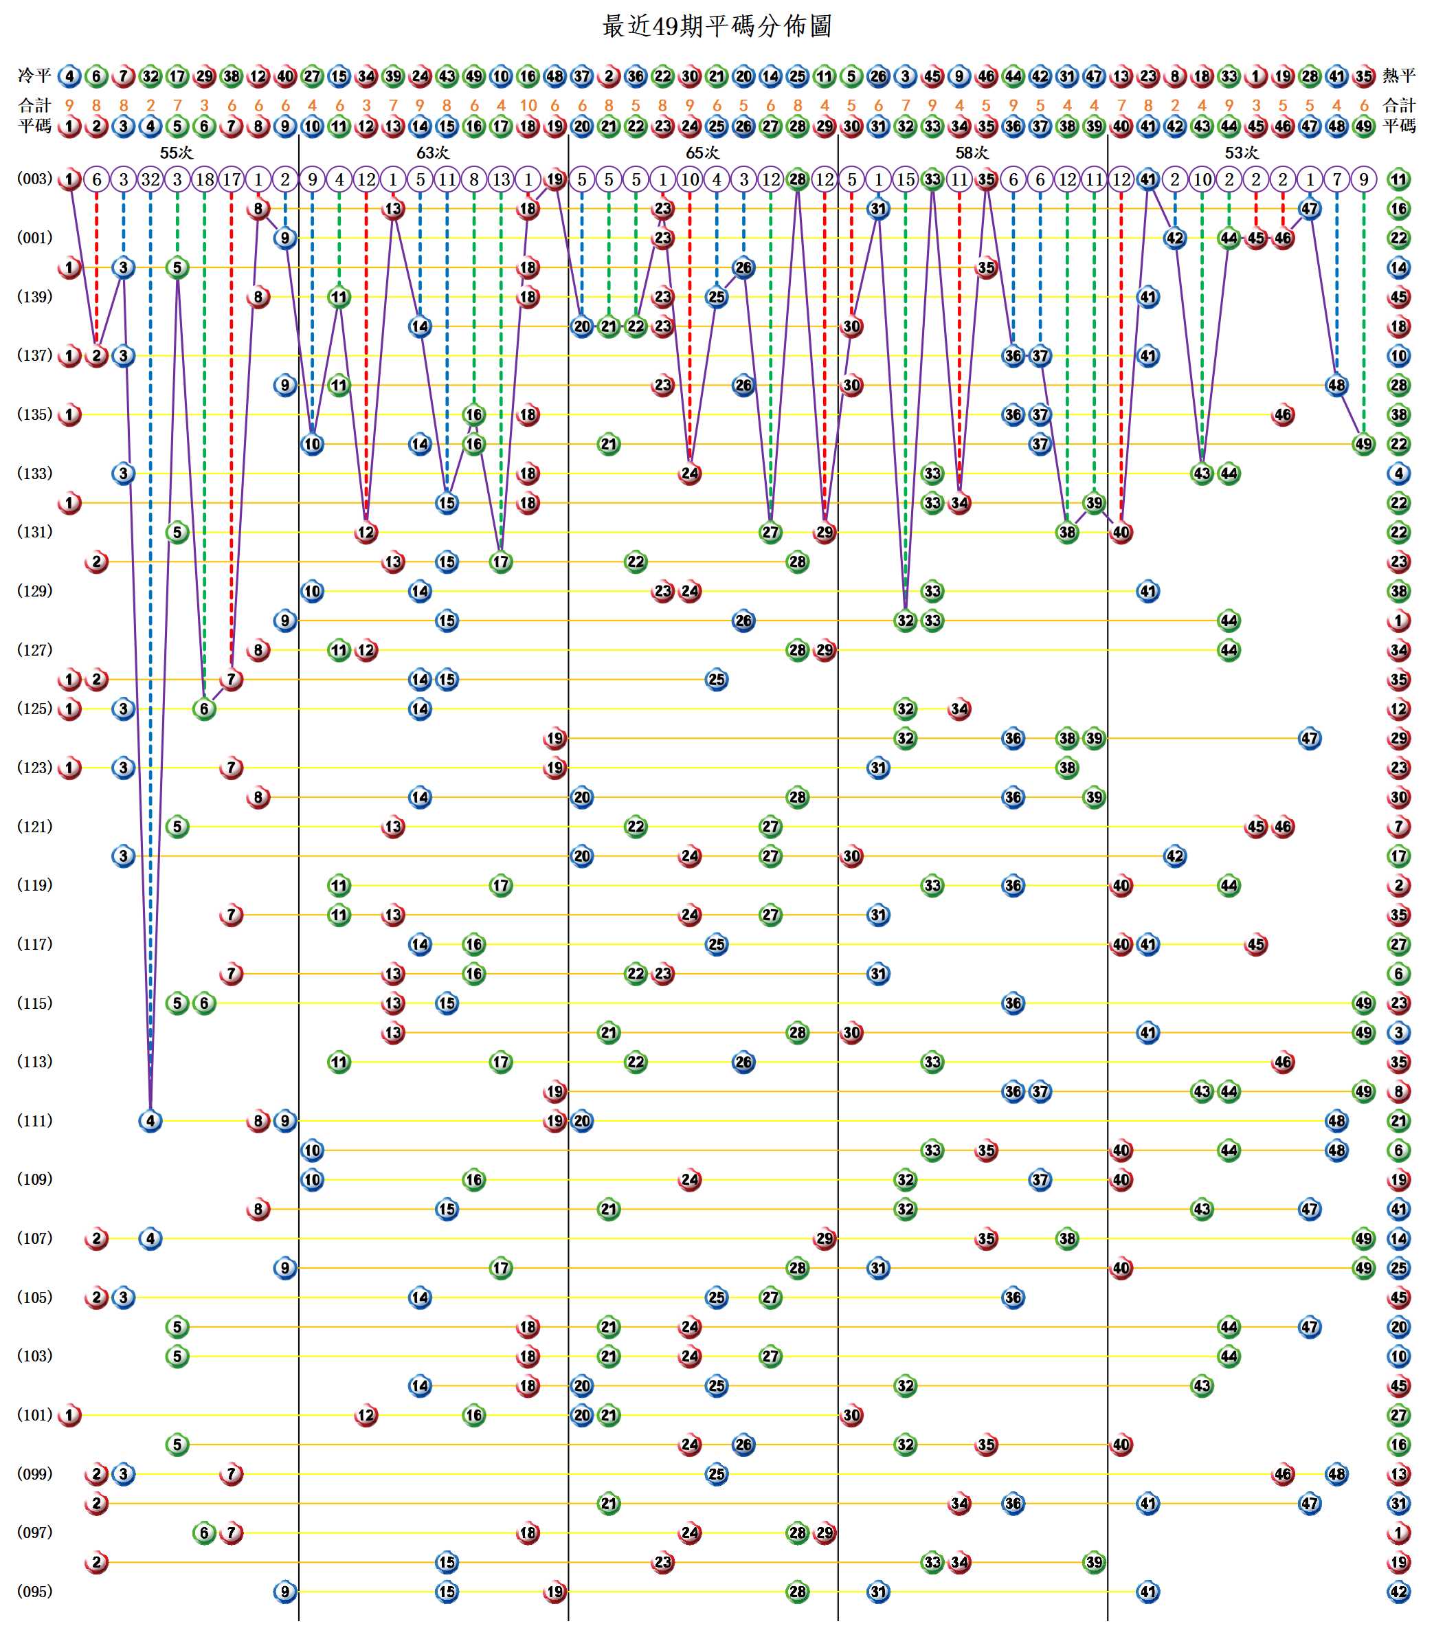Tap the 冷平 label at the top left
click(x=34, y=76)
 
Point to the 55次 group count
click(x=176, y=153)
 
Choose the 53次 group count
click(x=1241, y=153)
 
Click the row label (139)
click(x=34, y=297)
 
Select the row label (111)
click(x=34, y=1121)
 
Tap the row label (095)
click(x=34, y=1592)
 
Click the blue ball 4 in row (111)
click(x=150, y=1121)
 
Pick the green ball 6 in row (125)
click(x=204, y=709)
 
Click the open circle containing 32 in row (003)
click(x=150, y=179)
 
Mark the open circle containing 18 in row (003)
click(x=204, y=179)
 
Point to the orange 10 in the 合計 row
click(x=528, y=106)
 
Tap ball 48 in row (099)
click(x=1336, y=1473)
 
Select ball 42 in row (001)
click(x=1175, y=238)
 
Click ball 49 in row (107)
click(x=1364, y=1238)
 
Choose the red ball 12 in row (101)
click(x=366, y=1415)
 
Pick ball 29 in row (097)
click(x=825, y=1533)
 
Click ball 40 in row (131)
click(x=1121, y=533)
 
